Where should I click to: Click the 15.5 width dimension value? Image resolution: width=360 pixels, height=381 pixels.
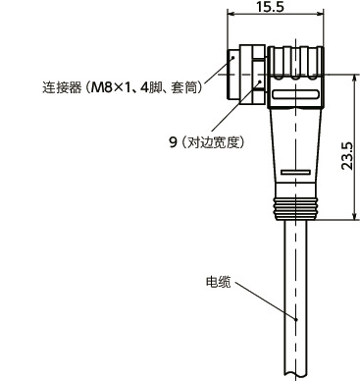(x=271, y=8)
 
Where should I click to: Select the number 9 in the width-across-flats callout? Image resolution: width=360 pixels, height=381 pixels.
(x=172, y=142)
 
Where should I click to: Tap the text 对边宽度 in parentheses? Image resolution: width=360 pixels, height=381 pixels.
(x=212, y=142)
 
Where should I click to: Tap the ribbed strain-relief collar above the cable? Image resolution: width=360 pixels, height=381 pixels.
(x=296, y=206)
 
